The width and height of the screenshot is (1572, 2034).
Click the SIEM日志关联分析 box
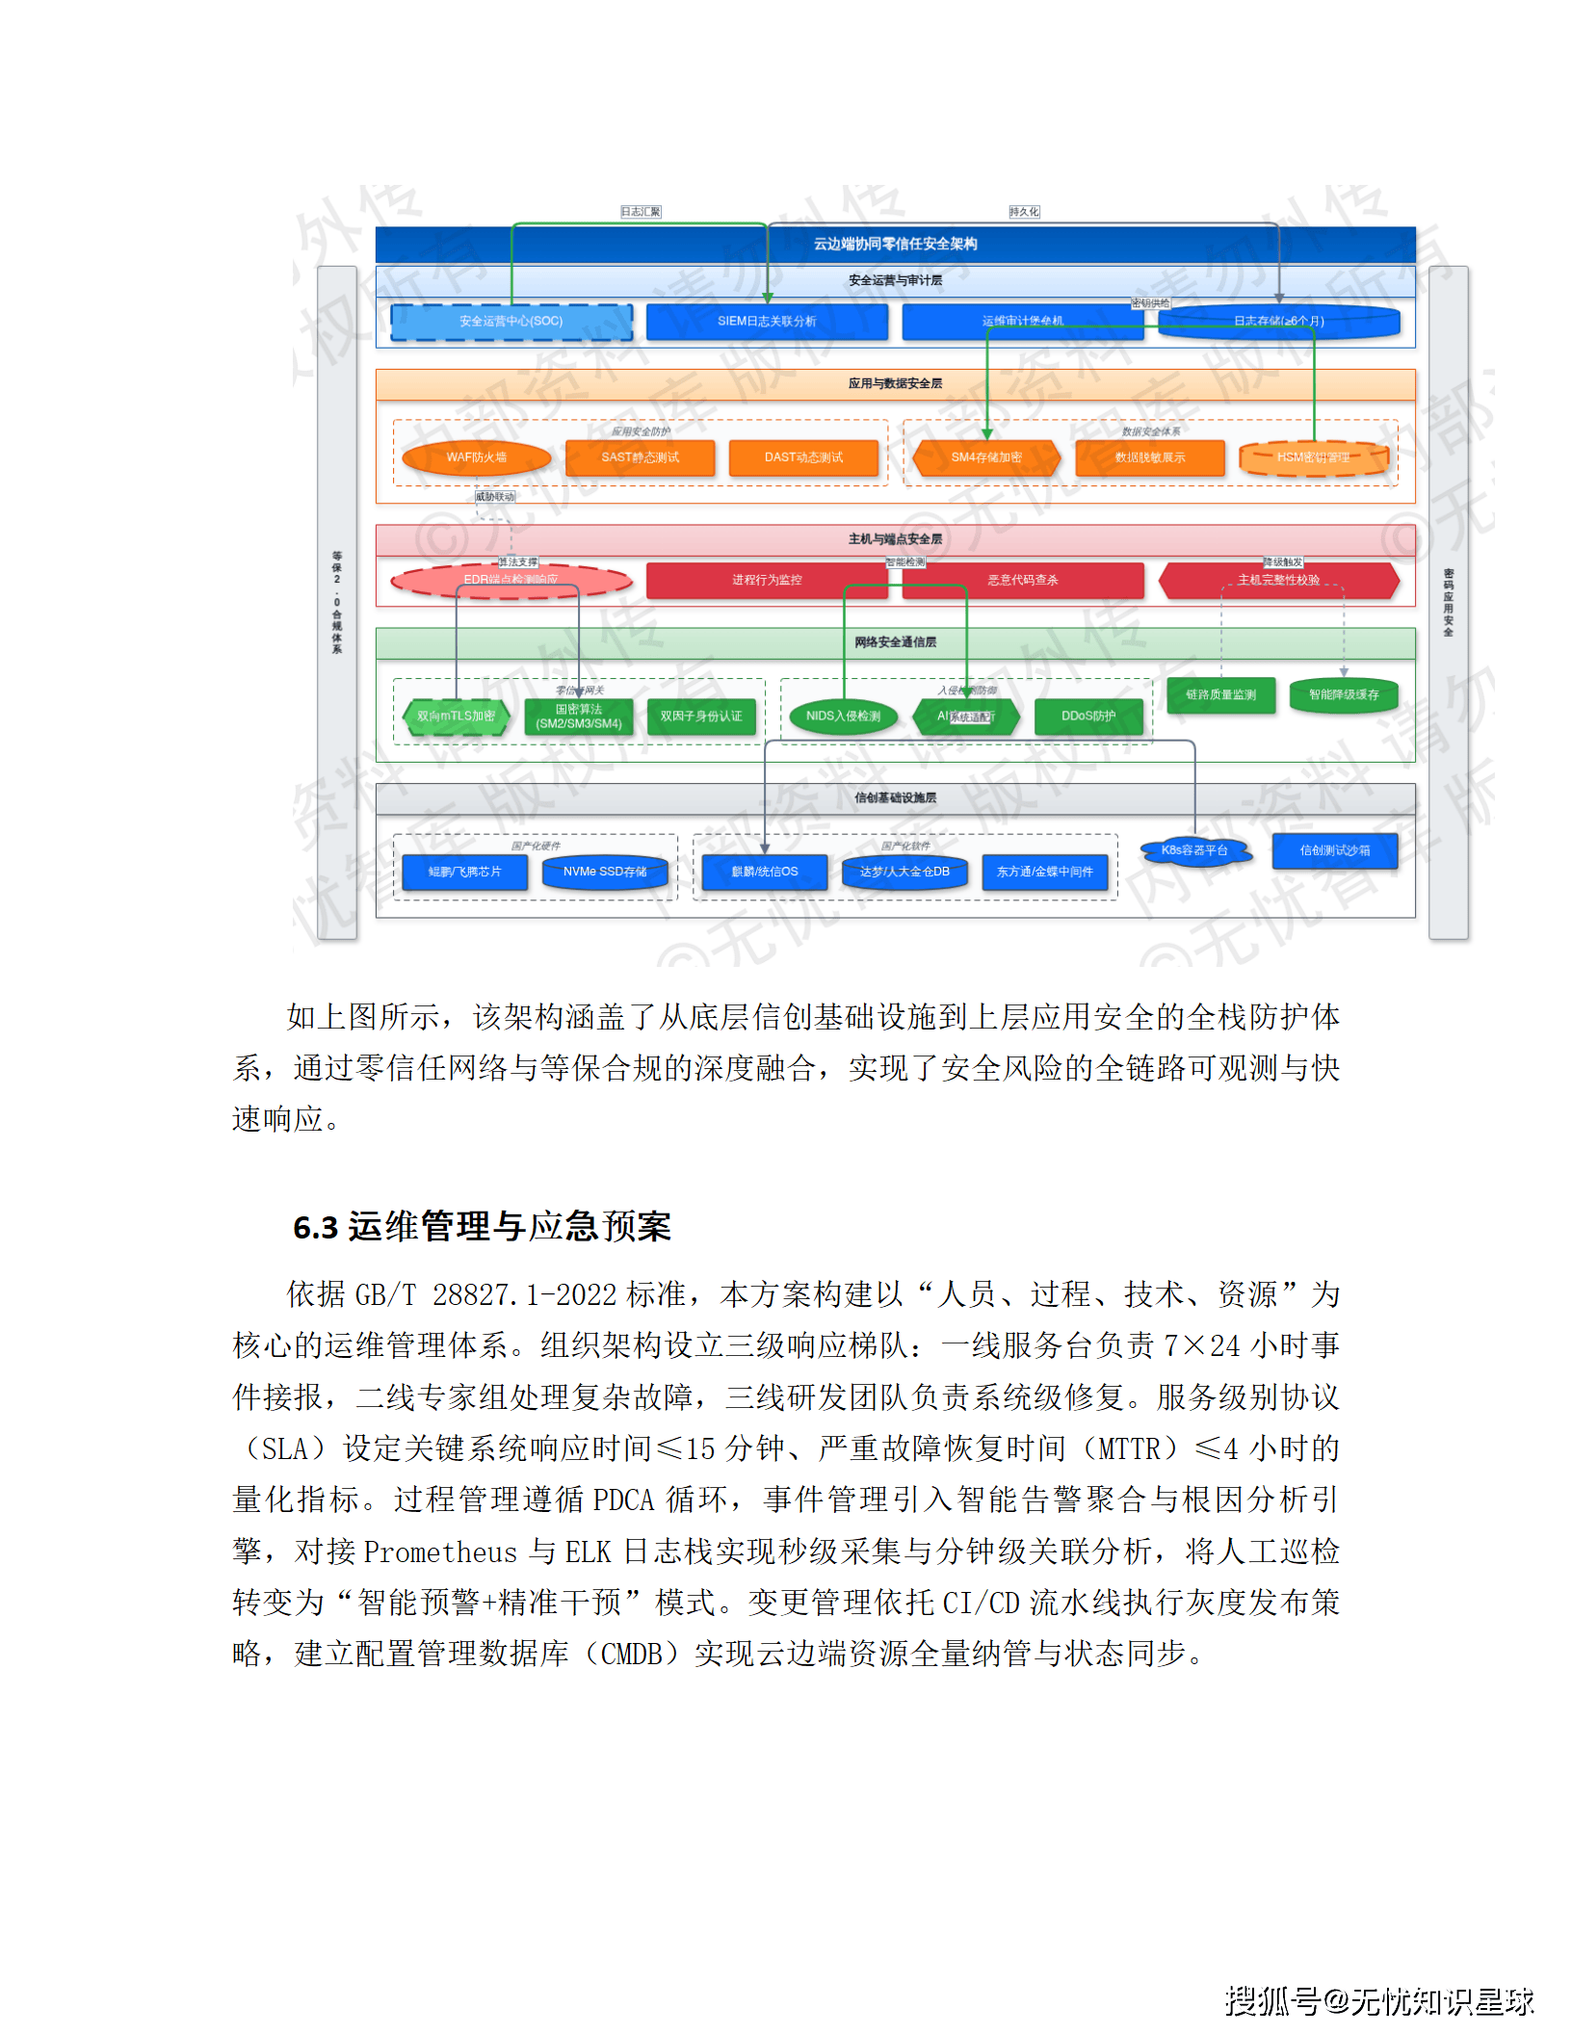(x=766, y=322)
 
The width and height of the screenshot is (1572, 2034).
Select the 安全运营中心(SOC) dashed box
(x=511, y=322)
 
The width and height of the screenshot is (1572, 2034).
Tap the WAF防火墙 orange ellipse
(x=476, y=457)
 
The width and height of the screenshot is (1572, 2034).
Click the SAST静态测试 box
(x=640, y=457)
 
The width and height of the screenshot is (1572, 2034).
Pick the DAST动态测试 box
(x=803, y=457)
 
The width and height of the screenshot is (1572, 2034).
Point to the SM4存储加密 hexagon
(x=986, y=457)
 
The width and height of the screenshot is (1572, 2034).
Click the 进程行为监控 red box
(x=766, y=580)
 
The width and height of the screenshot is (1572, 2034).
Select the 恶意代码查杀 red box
(x=1022, y=580)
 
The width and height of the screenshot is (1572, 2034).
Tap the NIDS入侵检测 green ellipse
(x=843, y=717)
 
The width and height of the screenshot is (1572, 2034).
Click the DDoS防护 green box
(x=1088, y=717)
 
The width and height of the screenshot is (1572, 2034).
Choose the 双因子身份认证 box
(x=700, y=717)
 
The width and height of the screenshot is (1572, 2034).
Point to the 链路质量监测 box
(x=1220, y=694)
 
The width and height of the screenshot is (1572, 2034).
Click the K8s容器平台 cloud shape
(x=1194, y=850)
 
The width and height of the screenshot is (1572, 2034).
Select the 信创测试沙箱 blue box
(x=1334, y=850)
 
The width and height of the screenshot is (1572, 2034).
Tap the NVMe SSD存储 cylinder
(x=605, y=872)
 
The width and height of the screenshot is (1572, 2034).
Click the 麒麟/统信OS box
(x=765, y=872)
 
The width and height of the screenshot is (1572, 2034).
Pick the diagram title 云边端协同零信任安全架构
(x=895, y=244)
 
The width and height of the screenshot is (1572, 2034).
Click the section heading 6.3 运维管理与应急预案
(x=482, y=1227)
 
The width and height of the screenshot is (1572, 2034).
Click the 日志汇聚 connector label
(x=641, y=212)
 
